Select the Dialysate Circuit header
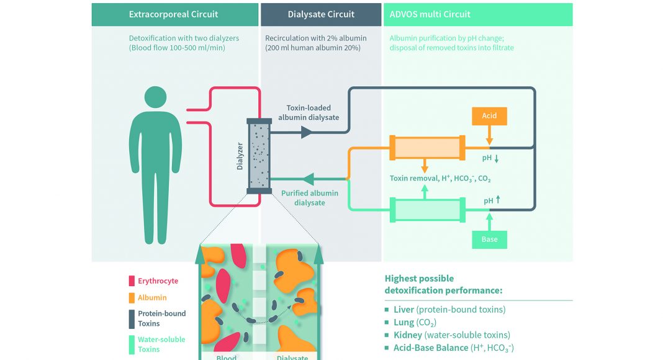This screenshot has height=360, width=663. (x=321, y=14)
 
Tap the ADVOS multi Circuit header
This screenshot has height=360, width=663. (x=430, y=14)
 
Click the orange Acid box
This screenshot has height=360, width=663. (x=489, y=116)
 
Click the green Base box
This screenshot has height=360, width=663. (x=489, y=239)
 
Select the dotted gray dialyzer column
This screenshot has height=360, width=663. (x=259, y=156)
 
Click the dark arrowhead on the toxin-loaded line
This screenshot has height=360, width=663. (x=306, y=132)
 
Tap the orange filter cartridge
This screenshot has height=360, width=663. (x=427, y=148)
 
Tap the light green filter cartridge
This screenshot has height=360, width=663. (x=427, y=210)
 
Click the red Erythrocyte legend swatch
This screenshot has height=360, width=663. (x=132, y=281)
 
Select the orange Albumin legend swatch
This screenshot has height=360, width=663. (x=132, y=298)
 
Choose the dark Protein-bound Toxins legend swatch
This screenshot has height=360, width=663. (x=132, y=318)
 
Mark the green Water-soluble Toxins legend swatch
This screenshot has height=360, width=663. (x=132, y=344)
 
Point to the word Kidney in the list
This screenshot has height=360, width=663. (x=408, y=335)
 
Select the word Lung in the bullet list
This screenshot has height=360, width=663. (x=405, y=322)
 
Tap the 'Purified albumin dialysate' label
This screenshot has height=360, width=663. (x=310, y=197)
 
